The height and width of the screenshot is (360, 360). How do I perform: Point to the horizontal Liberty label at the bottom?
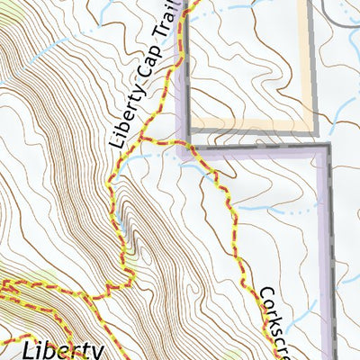63,348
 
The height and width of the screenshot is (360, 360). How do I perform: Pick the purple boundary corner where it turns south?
322,149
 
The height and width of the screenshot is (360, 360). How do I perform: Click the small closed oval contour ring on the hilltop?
124,214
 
